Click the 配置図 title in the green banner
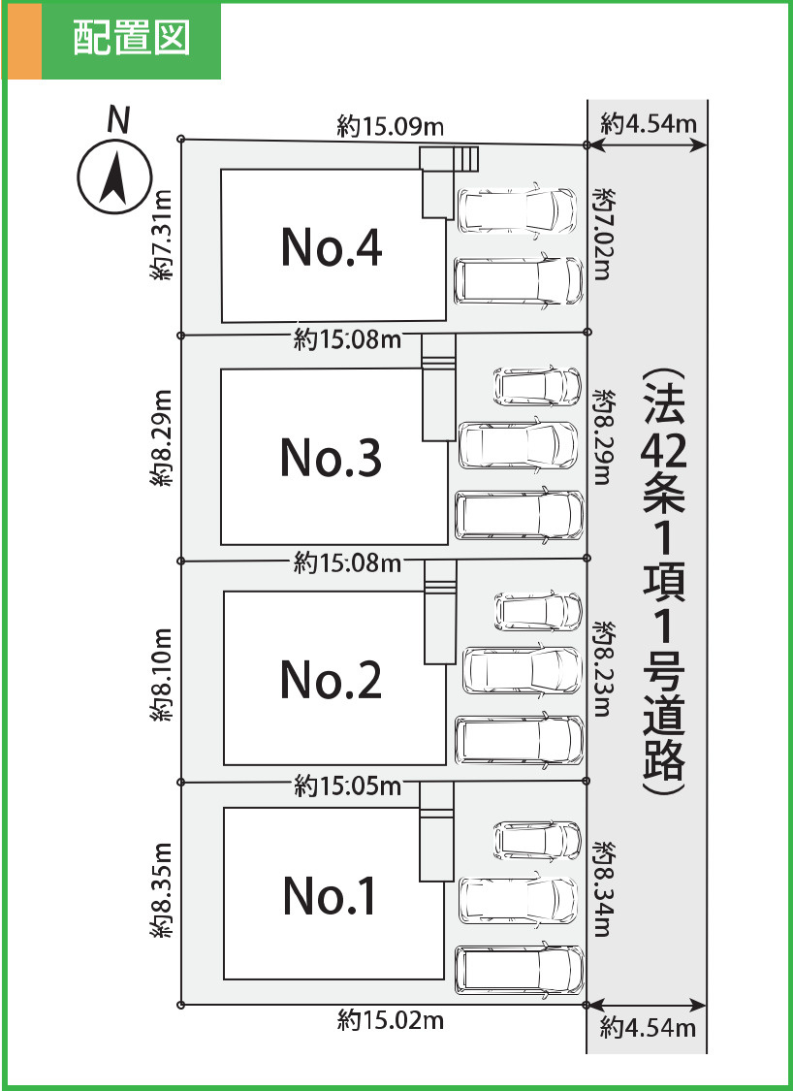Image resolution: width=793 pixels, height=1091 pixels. [x=130, y=41]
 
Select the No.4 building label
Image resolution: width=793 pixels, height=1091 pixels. [x=331, y=247]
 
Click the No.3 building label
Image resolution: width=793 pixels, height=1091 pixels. [x=331, y=457]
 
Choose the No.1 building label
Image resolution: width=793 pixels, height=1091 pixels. [x=331, y=895]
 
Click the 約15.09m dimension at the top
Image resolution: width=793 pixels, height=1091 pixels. [x=391, y=126]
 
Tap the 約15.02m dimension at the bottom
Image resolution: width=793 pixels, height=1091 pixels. [x=391, y=1020]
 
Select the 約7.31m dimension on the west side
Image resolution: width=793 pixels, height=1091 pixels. [x=162, y=236]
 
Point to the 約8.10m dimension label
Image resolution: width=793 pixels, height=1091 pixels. [x=162, y=675]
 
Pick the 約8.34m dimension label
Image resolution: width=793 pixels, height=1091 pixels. [x=603, y=889]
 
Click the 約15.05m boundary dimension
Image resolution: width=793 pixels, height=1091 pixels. [x=347, y=786]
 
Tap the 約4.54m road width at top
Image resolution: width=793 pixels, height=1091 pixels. [x=649, y=124]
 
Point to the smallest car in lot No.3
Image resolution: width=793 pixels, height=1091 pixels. [x=537, y=386]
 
